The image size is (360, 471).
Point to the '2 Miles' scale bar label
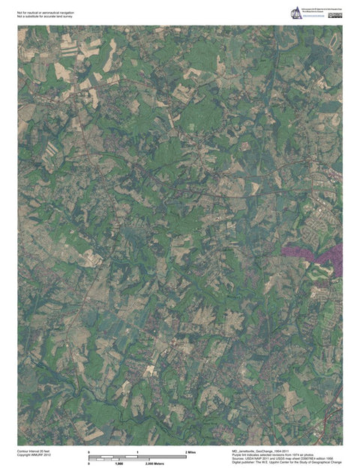pyautogui.click(x=190, y=453)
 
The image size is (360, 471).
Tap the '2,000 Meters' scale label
pyautogui.click(x=154, y=463)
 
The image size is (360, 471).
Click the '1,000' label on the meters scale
pyautogui.click(x=119, y=463)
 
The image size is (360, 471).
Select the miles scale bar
pyautogui.click(x=139, y=457)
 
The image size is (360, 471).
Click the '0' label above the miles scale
pyautogui.click(x=89, y=453)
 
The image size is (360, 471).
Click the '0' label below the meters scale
pyautogui.click(x=89, y=463)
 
